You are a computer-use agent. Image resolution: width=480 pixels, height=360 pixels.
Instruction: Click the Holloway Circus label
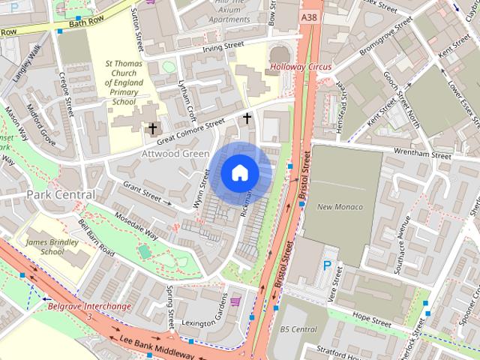pyautogui.click(x=301, y=67)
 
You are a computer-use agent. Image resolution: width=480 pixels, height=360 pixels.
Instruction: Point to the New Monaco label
pyautogui.click(x=340, y=207)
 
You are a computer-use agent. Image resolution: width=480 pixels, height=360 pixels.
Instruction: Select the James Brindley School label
pyautogui.click(x=55, y=247)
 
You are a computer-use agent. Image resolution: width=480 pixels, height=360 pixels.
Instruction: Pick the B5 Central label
pyautogui.click(x=298, y=328)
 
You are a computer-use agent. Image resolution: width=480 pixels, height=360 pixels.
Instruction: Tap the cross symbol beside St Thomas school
pyautogui.click(x=152, y=129)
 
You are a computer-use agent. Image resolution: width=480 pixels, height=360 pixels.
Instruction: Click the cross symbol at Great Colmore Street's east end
pyautogui.click(x=247, y=118)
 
